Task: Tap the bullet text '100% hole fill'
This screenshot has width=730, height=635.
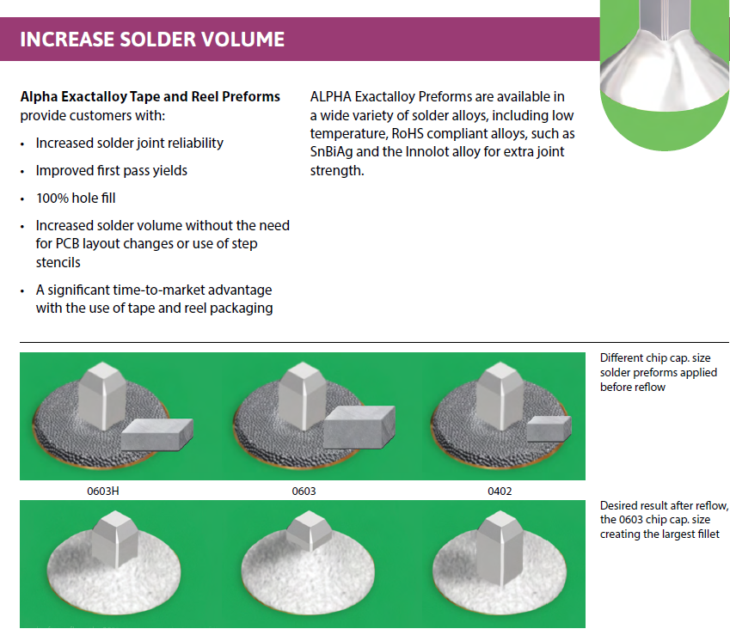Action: [76, 198]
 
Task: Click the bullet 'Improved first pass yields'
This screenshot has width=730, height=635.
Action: [111, 170]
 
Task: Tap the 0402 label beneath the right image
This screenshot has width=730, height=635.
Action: [499, 492]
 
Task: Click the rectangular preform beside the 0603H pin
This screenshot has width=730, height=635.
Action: [157, 435]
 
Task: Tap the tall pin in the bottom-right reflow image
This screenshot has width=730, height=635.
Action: [500, 550]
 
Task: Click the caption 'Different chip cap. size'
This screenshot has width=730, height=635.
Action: [655, 357]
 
